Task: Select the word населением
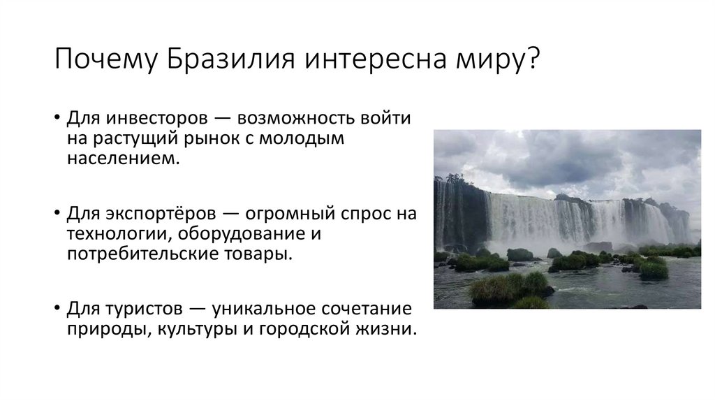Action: coord(119,159)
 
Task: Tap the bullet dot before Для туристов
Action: coord(56,308)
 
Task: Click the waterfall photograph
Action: coord(567,219)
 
